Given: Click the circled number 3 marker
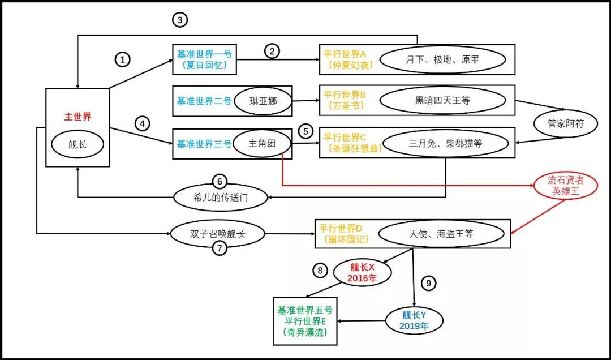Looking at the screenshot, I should click(x=180, y=20).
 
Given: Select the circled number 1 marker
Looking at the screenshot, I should click(x=123, y=59).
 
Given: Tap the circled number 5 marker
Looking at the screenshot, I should click(x=305, y=131).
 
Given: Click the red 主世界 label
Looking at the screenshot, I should click(x=78, y=117).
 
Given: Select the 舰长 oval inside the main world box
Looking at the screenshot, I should click(x=78, y=145).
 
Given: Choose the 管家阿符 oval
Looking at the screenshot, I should click(x=566, y=123).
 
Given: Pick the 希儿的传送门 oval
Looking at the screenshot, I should click(x=220, y=197).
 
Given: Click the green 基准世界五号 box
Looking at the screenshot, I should click(x=305, y=321).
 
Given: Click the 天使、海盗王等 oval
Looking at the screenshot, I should click(x=441, y=233).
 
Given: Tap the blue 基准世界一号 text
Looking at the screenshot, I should click(x=204, y=54).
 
